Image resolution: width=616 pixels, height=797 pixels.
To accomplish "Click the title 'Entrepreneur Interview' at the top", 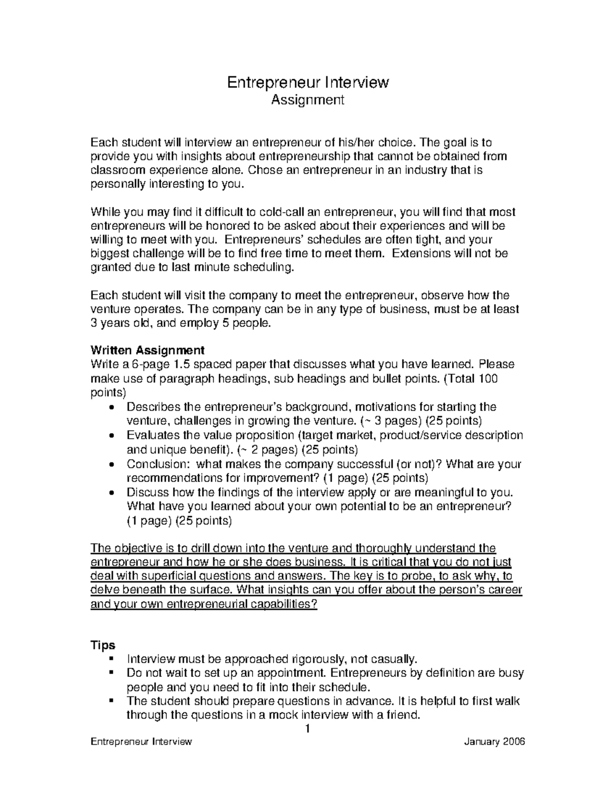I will (x=308, y=82).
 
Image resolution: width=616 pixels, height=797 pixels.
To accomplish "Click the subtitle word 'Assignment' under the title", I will (x=307, y=100).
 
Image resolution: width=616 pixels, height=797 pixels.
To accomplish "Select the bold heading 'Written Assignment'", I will (x=147, y=351).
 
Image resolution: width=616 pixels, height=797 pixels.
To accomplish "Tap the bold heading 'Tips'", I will (x=103, y=645).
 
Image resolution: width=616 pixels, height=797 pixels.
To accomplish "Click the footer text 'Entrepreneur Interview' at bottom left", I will (x=141, y=742).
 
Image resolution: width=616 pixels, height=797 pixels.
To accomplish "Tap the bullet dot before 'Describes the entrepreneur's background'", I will (x=113, y=407).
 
